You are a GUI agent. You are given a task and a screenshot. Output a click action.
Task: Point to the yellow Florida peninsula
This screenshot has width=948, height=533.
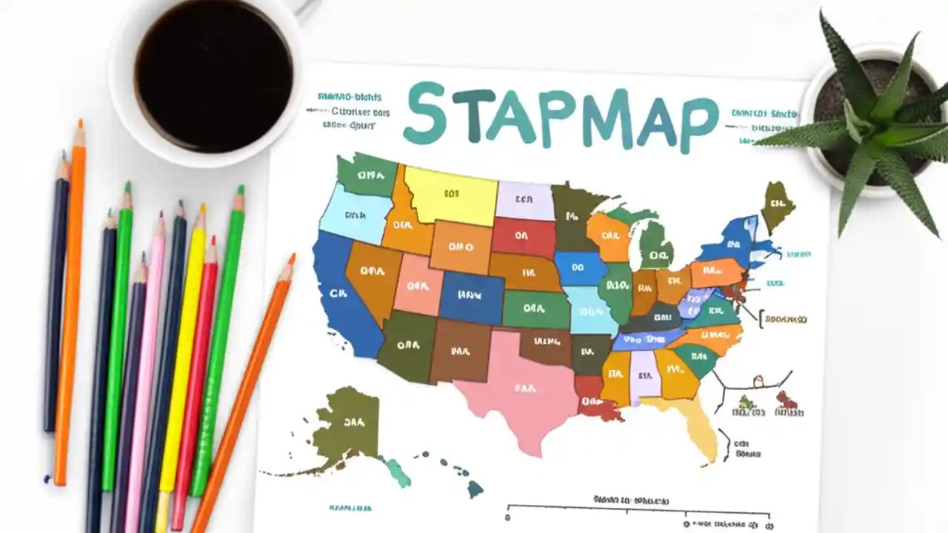(696, 426)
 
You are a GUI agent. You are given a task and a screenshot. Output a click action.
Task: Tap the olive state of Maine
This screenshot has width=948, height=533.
(777, 204)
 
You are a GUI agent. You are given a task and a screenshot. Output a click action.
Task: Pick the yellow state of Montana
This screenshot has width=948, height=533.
(450, 194)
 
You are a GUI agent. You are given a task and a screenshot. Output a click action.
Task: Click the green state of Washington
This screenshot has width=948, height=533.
(366, 175)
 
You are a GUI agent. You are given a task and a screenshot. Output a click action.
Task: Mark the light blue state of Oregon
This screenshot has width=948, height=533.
(351, 215)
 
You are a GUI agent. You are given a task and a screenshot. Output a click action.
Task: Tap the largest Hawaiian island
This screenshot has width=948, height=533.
(475, 489)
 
